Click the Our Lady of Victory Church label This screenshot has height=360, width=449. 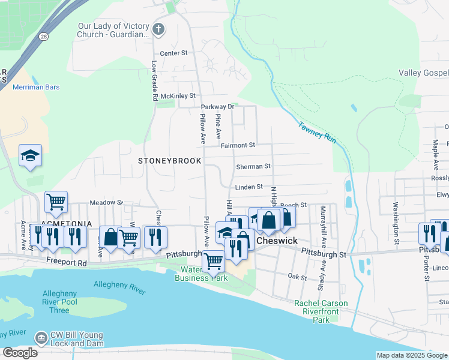pyautogui.click(x=113, y=30)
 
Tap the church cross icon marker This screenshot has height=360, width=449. pyautogui.click(x=158, y=29)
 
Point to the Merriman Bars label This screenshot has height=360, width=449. pyautogui.click(x=36, y=87)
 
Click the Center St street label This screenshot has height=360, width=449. pyautogui.click(x=173, y=53)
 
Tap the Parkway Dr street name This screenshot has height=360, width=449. pyautogui.click(x=216, y=107)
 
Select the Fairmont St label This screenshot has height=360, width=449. pyautogui.click(x=238, y=145)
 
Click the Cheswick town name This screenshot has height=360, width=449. pyautogui.click(x=277, y=241)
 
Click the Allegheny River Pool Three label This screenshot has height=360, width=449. pyautogui.click(x=59, y=302)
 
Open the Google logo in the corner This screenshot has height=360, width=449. pyautogui.click(x=20, y=353)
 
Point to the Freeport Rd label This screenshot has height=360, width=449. pyautogui.click(x=66, y=262)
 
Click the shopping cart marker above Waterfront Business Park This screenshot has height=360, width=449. pyautogui.click(x=214, y=262)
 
